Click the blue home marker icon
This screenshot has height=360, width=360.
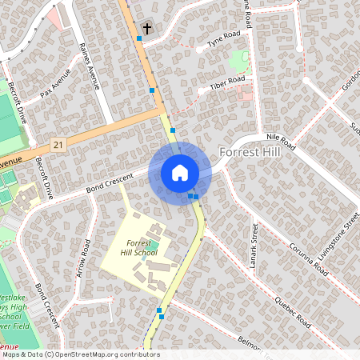(179, 172)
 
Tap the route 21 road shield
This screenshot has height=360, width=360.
(56, 144)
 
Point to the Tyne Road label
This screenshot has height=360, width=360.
(223, 40)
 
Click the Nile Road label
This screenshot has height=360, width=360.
(281, 142)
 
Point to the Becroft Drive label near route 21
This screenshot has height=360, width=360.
(42, 178)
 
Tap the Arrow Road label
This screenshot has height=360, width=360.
(85, 262)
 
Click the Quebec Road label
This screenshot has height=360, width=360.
(292, 309)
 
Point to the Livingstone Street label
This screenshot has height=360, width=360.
(348, 212)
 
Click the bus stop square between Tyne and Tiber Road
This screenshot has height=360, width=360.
(152, 90)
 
